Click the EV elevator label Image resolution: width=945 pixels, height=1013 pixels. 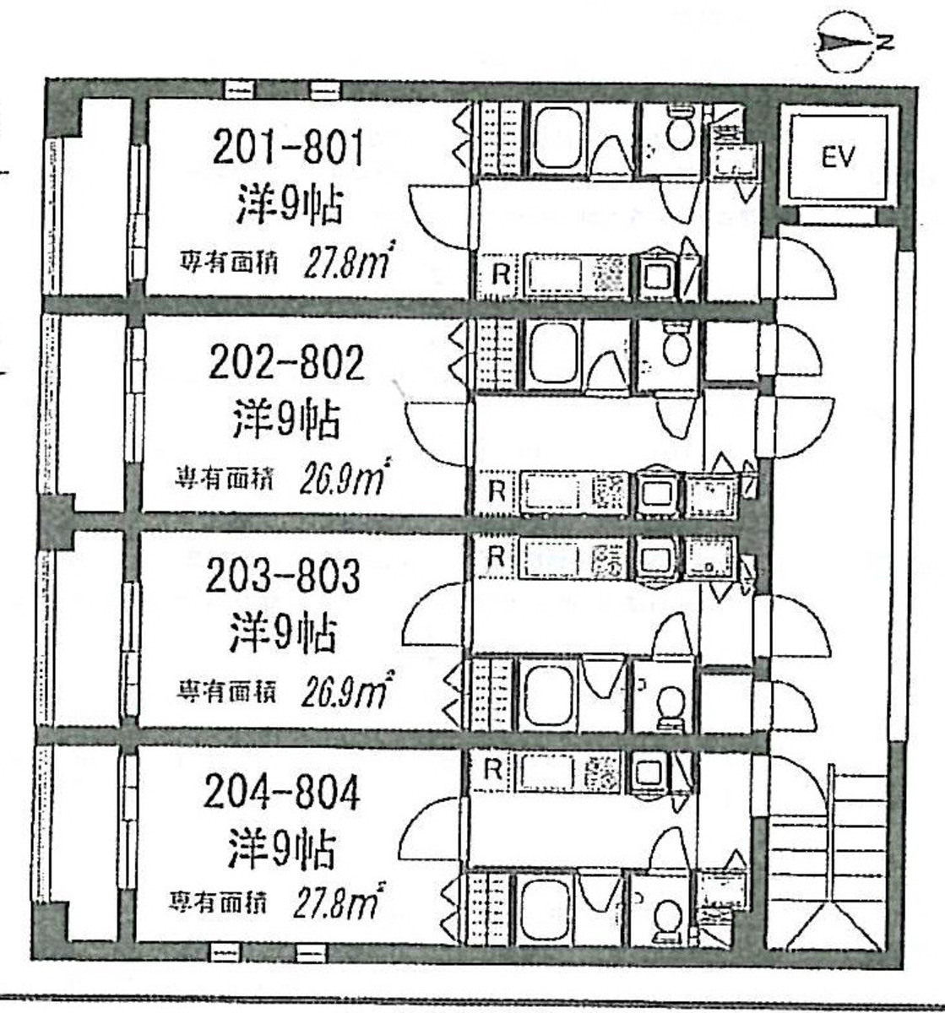pyautogui.click(x=838, y=158)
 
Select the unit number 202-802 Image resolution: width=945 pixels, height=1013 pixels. pyautogui.click(x=286, y=363)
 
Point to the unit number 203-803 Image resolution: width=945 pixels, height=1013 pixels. pyautogui.click(x=284, y=577)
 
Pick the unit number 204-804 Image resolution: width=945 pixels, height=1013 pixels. pyautogui.click(x=282, y=793)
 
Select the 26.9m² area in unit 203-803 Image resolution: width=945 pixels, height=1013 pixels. pyautogui.click(x=345, y=693)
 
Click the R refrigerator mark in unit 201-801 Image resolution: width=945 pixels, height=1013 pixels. pyautogui.click(x=500, y=274)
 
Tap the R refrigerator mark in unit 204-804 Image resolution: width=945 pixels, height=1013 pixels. pyautogui.click(x=492, y=769)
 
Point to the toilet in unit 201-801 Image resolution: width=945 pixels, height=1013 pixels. pyautogui.click(x=678, y=132)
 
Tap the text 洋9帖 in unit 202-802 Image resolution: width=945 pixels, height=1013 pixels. pyautogui.click(x=286, y=420)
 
